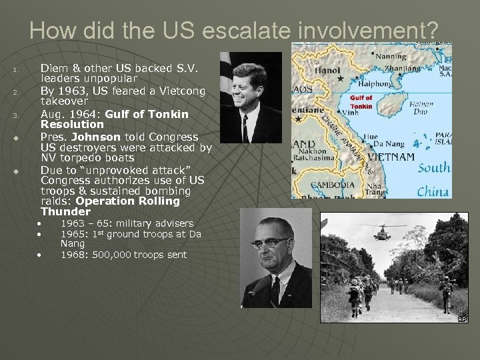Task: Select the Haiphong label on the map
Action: pyautogui.click(x=359, y=85)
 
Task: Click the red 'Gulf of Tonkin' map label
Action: pyautogui.click(x=361, y=102)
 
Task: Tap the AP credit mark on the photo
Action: pyautogui.click(x=462, y=319)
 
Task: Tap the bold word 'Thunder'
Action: pyautogui.click(x=65, y=212)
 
